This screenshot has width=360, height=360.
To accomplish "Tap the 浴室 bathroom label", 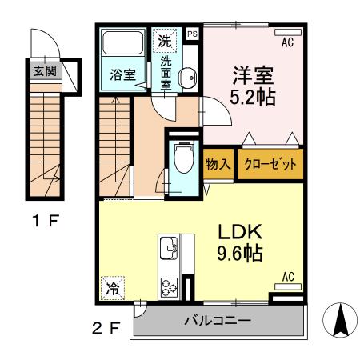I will [x=122, y=77].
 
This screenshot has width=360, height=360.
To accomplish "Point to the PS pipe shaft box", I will [x=192, y=34].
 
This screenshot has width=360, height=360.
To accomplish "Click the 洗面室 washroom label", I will [x=166, y=70].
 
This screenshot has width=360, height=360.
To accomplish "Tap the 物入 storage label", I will [x=217, y=165].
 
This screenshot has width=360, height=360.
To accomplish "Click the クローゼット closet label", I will [x=270, y=165].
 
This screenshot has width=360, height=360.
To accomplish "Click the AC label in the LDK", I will [x=288, y=278].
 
